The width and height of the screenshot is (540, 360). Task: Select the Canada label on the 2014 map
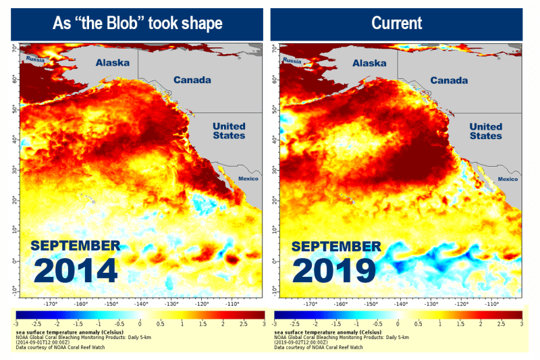pyautogui.click(x=192, y=80)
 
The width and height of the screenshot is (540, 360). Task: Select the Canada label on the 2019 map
pyautogui.click(x=449, y=80)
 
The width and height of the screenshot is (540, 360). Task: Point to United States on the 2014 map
pyautogui.click(x=229, y=131)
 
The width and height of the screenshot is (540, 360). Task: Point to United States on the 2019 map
pyautogui.click(x=486, y=131)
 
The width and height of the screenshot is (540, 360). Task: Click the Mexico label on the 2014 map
pyautogui.click(x=250, y=179)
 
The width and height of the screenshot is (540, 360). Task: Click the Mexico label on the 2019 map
pyautogui.click(x=508, y=179)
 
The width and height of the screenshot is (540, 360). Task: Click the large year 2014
pyautogui.click(x=76, y=270)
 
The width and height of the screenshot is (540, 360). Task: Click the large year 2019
pyautogui.click(x=334, y=270)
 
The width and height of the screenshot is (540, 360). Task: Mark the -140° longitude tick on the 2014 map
pyautogui.click(x=141, y=304)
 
